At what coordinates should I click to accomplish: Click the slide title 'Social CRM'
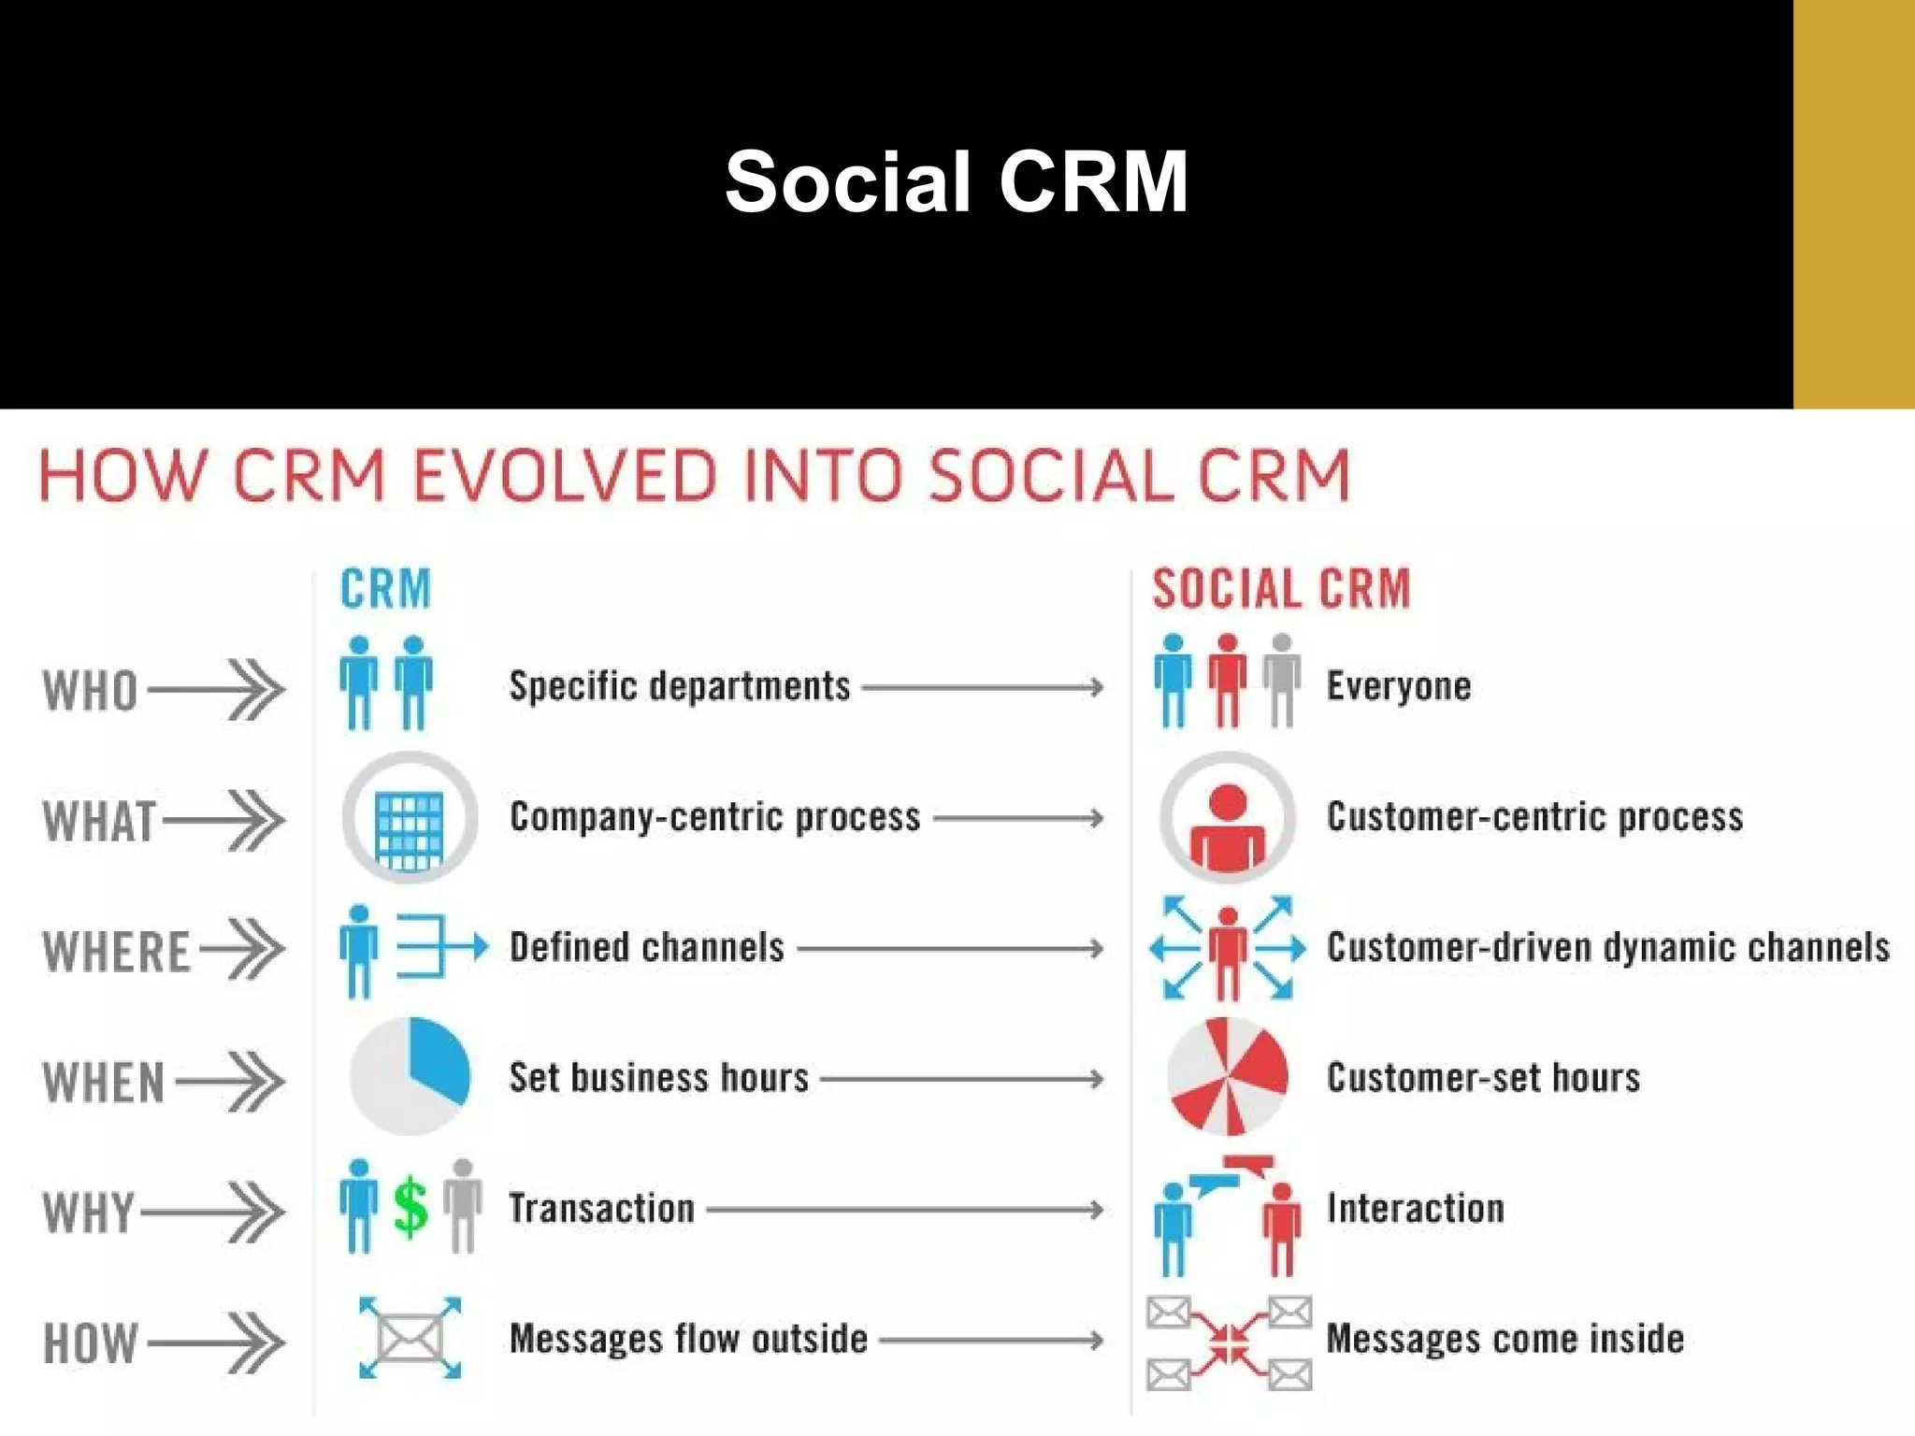pyautogui.click(x=956, y=181)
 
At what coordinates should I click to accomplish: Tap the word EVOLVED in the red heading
pyautogui.click(x=566, y=476)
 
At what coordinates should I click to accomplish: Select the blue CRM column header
pyautogui.click(x=385, y=589)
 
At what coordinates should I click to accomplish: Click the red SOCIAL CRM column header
pyautogui.click(x=1280, y=589)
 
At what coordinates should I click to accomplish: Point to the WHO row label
pyautogui.click(x=91, y=691)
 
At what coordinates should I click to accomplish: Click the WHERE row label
pyautogui.click(x=117, y=952)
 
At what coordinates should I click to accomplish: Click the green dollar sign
pyautogui.click(x=410, y=1207)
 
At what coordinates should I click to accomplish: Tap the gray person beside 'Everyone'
pyautogui.click(x=1282, y=680)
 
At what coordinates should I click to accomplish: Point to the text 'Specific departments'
pyautogui.click(x=680, y=686)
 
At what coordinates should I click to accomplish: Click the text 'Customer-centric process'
pyautogui.click(x=1534, y=817)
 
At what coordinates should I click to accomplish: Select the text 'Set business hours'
pyautogui.click(x=658, y=1078)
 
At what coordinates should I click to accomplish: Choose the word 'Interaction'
pyautogui.click(x=1416, y=1208)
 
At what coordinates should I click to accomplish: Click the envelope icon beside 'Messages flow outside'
pyautogui.click(x=410, y=1339)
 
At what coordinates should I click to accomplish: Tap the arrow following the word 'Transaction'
pyautogui.click(x=903, y=1210)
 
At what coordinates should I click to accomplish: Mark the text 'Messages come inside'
pyautogui.click(x=1505, y=1339)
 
